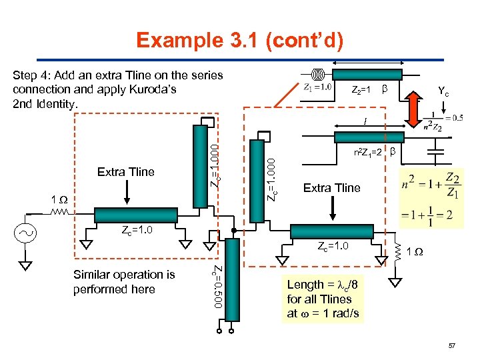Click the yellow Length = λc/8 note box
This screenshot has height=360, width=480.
323,299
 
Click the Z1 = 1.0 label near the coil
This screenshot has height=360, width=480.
317,86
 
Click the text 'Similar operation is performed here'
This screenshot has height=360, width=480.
124,282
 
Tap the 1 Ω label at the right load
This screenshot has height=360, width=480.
415,251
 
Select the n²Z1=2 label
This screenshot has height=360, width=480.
367,153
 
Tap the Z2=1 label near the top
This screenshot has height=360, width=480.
361,89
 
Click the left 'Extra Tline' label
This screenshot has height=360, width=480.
125,172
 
